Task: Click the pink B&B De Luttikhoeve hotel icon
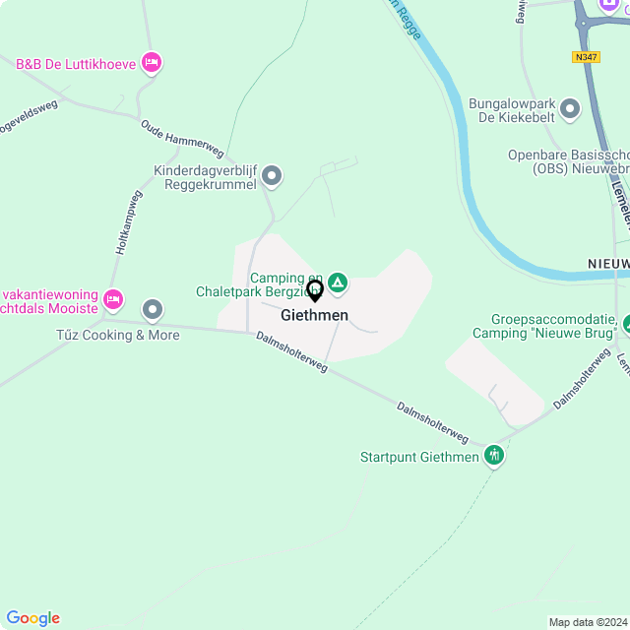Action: (152, 63)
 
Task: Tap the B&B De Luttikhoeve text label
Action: (75, 64)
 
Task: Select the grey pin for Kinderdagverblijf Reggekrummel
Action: (273, 176)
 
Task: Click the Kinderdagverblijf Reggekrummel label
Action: (205, 177)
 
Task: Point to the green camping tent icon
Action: (338, 284)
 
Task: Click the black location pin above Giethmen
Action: (315, 290)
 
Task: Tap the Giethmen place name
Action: (314, 315)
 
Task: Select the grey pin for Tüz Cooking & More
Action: (152, 310)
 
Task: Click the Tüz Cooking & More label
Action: (118, 335)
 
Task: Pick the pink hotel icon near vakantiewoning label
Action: (113, 298)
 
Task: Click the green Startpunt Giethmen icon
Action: (494, 455)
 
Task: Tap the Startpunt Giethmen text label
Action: (419, 457)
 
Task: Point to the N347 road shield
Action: (585, 57)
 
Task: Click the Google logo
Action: (32, 618)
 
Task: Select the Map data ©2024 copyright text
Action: (588, 622)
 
